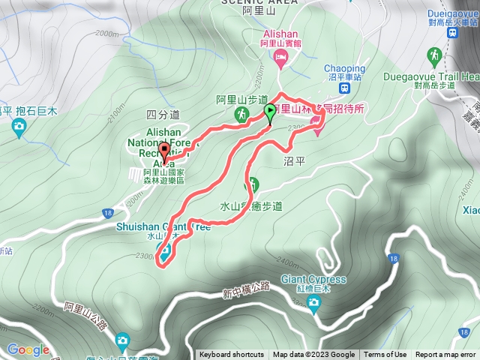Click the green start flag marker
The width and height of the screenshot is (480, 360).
click(270, 113)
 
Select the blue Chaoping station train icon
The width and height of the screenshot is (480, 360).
click(345, 88)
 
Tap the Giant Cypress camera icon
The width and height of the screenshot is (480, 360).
click(313, 301)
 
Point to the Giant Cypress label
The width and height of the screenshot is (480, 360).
click(313, 280)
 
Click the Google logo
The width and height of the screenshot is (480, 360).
click(28, 349)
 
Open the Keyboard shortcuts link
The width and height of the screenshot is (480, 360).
click(231, 355)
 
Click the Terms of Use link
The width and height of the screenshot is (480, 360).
click(385, 355)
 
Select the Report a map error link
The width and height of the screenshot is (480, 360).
click(445, 355)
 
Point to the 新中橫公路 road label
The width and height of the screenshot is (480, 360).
click(246, 288)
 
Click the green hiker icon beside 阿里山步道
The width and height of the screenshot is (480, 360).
click(242, 115)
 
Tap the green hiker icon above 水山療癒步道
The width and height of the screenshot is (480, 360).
click(253, 184)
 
